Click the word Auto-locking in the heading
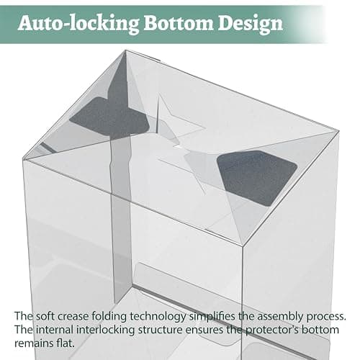[78, 24]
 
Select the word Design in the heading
[251, 24]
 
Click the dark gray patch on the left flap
[109, 117]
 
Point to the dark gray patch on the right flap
[257, 178]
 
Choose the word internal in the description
[55, 330]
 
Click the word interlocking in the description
[106, 330]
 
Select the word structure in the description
[161, 330]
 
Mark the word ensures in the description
[204, 330]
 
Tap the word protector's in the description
[272, 330]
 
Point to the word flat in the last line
[66, 343]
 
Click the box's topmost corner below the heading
[125, 50]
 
